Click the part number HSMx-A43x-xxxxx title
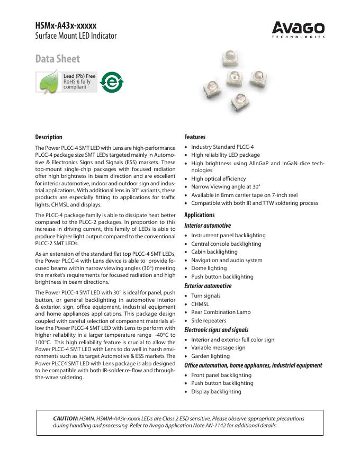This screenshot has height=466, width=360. [x=66, y=25]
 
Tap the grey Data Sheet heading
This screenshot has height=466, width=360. [x=58, y=59]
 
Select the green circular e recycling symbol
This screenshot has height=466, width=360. [x=111, y=82]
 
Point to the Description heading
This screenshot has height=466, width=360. [x=49, y=137]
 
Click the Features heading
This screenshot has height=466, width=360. [x=195, y=137]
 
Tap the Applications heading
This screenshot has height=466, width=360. [x=200, y=215]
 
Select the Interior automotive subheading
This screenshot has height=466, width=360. [x=208, y=226]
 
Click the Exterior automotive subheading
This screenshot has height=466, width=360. [x=208, y=286]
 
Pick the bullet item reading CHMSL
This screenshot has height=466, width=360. [x=200, y=304]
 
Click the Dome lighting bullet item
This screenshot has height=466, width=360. [x=209, y=268]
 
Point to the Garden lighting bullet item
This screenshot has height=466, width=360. [x=210, y=356]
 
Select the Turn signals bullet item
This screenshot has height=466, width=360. [x=206, y=295]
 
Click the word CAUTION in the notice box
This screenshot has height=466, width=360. [x=66, y=418]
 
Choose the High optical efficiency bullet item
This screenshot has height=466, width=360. [x=218, y=179]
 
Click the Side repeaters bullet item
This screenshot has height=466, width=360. [x=209, y=320]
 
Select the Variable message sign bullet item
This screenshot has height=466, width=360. [x=218, y=348]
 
